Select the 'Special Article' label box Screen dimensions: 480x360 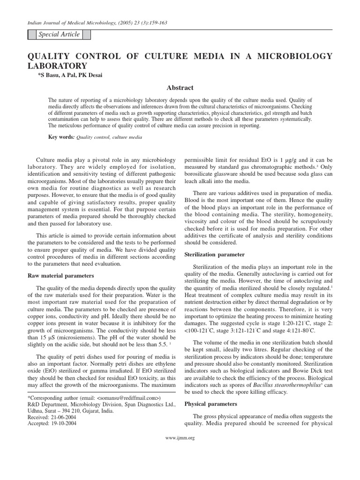coord(59,35)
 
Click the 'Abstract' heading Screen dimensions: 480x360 coord(180,88)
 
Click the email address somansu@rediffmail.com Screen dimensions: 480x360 coord(129,398)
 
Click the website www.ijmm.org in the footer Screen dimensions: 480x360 coord(180,438)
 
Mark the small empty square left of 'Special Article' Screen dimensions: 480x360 coord(32,35)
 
